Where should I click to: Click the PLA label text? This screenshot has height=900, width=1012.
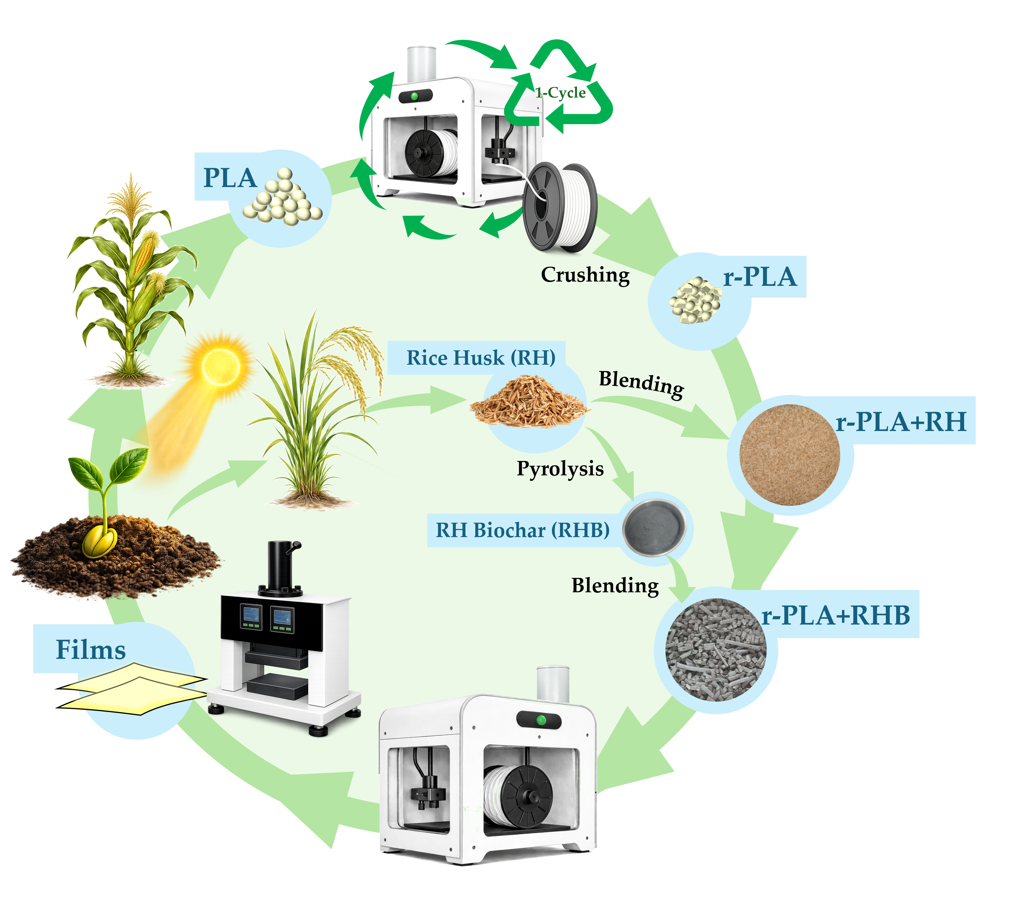(230, 178)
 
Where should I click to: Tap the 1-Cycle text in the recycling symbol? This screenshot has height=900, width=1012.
(560, 93)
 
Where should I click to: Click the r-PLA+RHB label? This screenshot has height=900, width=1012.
(836, 616)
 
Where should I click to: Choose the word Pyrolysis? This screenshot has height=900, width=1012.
(560, 469)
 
